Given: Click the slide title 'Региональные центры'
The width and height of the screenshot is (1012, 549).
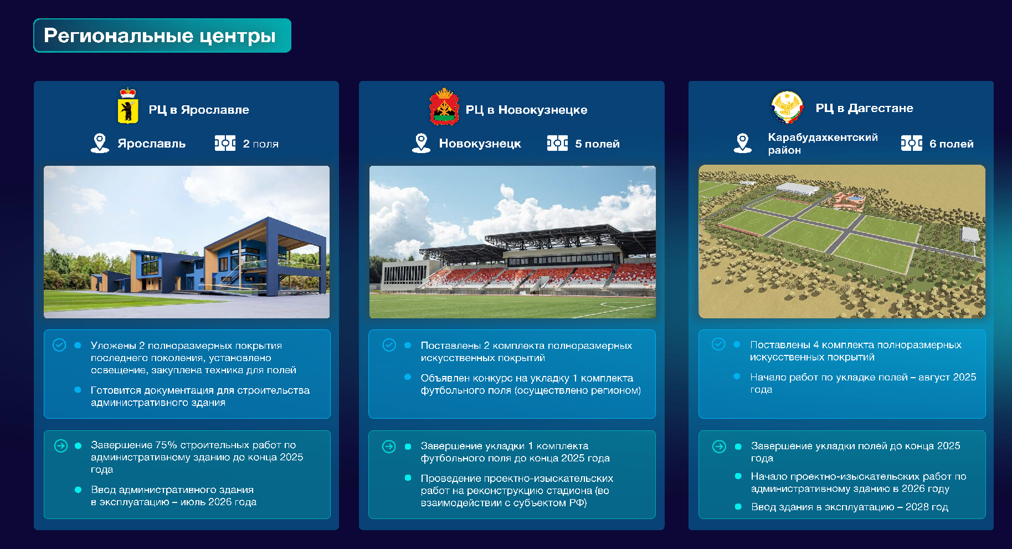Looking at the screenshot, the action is tap(160, 36).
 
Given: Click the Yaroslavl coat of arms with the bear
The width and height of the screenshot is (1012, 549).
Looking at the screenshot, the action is tap(128, 105).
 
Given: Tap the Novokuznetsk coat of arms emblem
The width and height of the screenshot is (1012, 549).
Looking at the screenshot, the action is tap(444, 106).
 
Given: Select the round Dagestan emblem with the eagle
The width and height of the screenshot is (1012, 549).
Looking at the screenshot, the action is tap(787, 107).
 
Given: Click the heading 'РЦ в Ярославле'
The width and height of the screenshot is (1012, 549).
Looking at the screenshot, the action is tap(199, 110).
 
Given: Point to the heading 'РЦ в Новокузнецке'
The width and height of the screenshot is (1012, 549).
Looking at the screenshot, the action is tap(526, 110).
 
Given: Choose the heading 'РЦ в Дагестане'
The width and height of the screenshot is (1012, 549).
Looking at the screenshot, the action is tap(864, 108).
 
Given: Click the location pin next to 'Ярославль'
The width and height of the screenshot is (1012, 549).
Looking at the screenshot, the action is tap(100, 143).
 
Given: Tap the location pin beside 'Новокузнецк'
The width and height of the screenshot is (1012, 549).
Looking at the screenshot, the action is tap(421, 143).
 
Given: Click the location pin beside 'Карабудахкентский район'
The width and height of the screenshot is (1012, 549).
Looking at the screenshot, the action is tap(742, 143).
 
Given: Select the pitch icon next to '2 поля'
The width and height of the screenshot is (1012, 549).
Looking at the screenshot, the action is tap(225, 143).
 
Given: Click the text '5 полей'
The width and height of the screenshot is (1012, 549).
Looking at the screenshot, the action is tap(597, 144).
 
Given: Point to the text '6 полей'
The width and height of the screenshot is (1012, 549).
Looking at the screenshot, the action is tap(951, 144).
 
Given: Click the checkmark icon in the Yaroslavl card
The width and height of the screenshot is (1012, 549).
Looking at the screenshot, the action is tap(59, 345).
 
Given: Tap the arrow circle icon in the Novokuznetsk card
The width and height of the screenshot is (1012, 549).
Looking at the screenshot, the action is tap(389, 446).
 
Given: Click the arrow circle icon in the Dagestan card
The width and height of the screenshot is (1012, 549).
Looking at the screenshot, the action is tap(719, 446).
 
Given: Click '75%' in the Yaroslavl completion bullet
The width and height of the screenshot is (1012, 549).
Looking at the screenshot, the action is tap(166, 445).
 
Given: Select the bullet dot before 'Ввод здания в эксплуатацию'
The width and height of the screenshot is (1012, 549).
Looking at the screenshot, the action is tap(738, 506).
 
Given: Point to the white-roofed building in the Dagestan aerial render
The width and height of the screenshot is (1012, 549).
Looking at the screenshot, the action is tap(797, 189).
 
